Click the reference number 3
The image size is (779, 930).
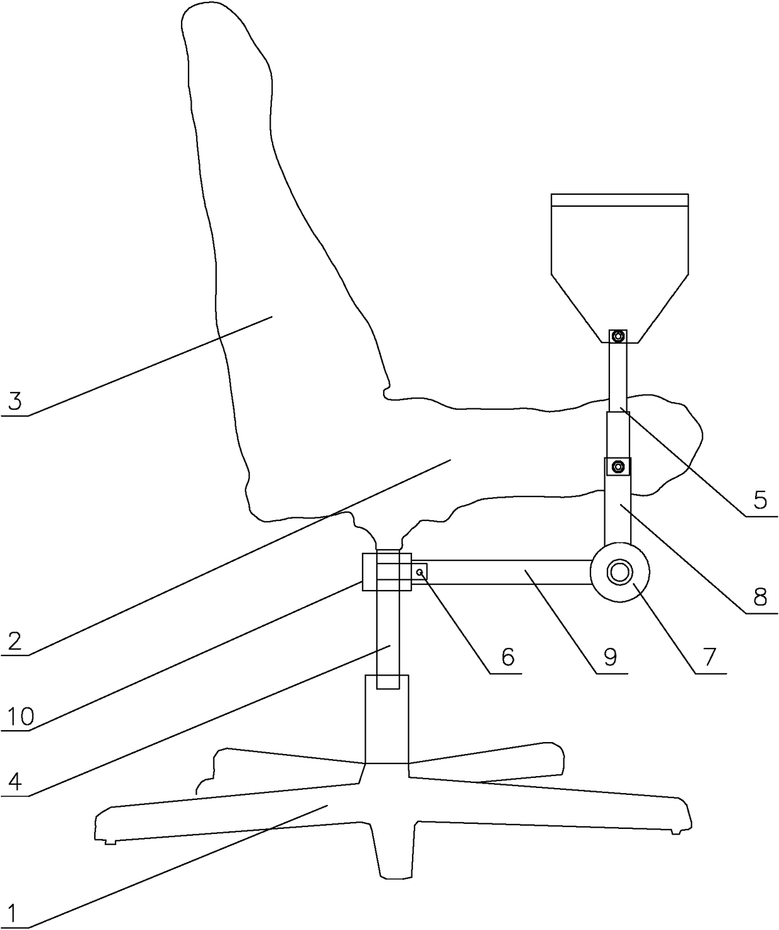coord(15,401)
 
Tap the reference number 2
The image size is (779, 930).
coord(14,640)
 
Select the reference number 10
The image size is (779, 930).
coord(21,717)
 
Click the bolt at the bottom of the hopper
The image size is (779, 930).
coord(618,336)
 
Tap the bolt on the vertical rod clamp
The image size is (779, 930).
coord(618,466)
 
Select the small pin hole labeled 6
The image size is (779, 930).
coord(420,572)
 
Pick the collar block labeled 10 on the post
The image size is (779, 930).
coord(386,572)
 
